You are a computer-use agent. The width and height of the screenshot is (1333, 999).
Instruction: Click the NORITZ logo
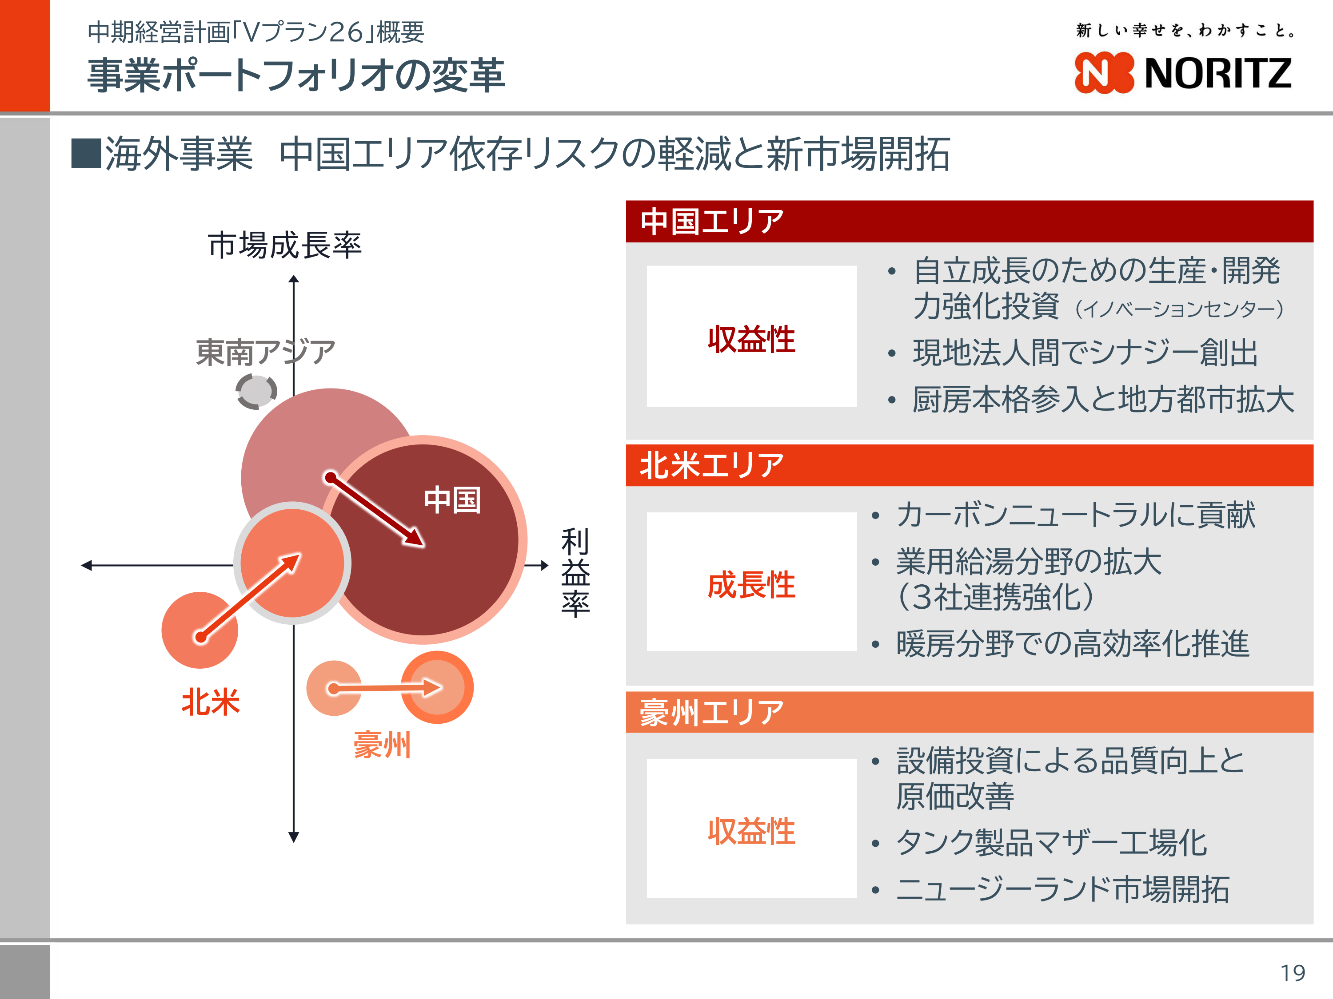(1182, 73)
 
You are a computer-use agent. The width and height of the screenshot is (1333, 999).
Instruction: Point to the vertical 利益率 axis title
(575, 573)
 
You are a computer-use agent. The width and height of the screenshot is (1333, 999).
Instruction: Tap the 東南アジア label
(266, 352)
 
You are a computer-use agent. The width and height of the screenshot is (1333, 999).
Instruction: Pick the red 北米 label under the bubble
(210, 702)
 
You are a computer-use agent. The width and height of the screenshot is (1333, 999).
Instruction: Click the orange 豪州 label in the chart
(382, 745)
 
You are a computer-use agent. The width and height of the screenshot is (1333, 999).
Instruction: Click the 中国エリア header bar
(970, 222)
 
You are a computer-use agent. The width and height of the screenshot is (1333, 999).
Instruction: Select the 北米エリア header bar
(970, 465)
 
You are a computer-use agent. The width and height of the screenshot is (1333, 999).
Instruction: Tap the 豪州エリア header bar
(970, 712)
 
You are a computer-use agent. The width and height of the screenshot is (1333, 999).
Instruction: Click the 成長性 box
(751, 582)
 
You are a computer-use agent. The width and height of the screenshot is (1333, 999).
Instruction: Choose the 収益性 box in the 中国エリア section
(751, 337)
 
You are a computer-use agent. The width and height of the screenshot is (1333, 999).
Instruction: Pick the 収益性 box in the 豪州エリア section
(751, 829)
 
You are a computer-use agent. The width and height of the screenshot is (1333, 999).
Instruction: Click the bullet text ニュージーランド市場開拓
(1063, 889)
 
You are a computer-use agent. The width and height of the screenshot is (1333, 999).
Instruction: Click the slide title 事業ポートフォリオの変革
(296, 75)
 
